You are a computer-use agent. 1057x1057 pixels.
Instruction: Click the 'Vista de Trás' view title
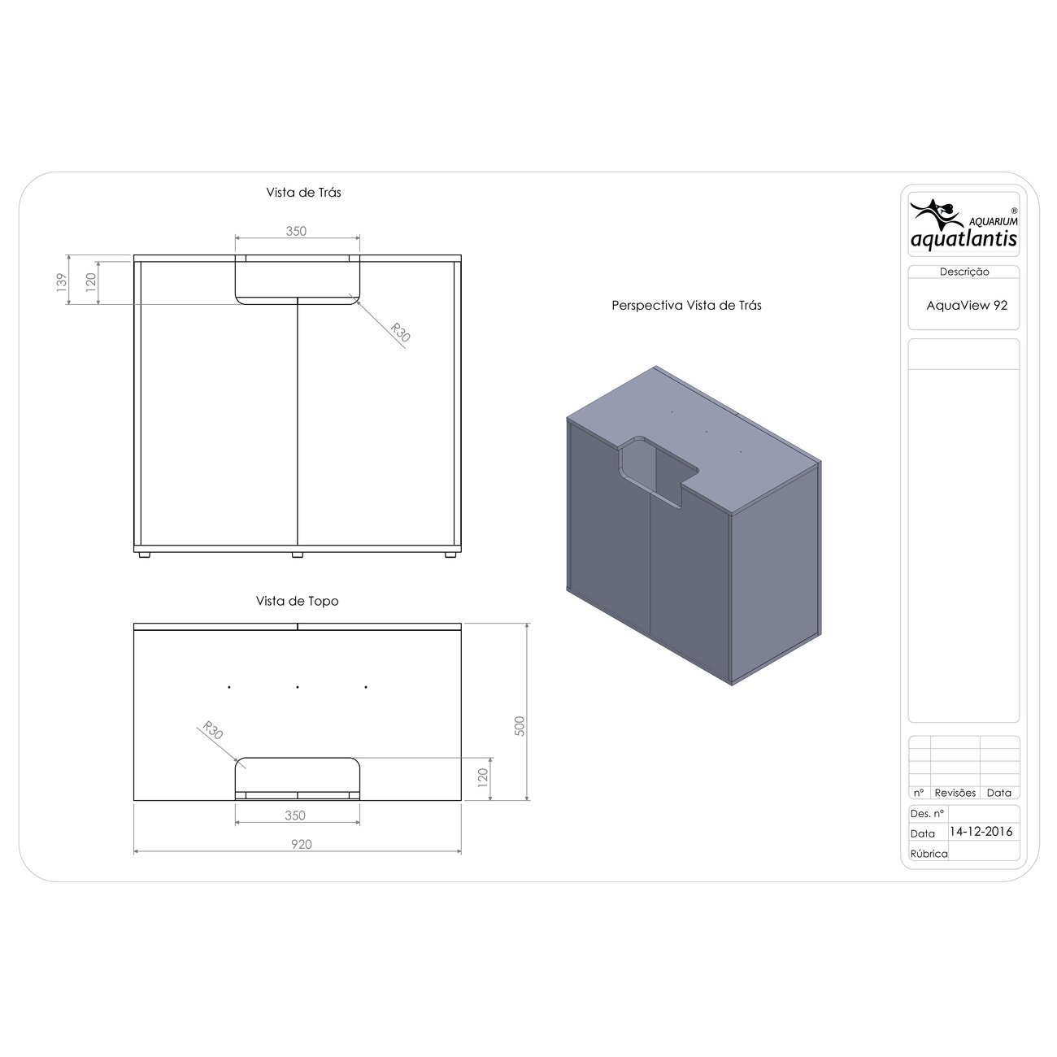point(303,193)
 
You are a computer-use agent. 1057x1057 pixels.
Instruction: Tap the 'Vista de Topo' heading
point(298,601)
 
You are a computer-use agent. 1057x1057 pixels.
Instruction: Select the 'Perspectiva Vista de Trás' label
point(686,306)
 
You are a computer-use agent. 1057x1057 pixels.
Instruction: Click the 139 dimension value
point(62,281)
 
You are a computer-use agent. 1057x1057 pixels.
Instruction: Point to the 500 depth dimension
point(520,726)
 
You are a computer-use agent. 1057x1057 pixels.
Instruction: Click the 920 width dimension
point(301,844)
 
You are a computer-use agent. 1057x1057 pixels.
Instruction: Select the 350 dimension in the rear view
point(296,232)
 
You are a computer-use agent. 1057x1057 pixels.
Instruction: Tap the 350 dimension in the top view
point(295,816)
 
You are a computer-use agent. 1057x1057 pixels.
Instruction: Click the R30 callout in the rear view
point(400,333)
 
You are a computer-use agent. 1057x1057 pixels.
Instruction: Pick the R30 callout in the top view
point(212,730)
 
